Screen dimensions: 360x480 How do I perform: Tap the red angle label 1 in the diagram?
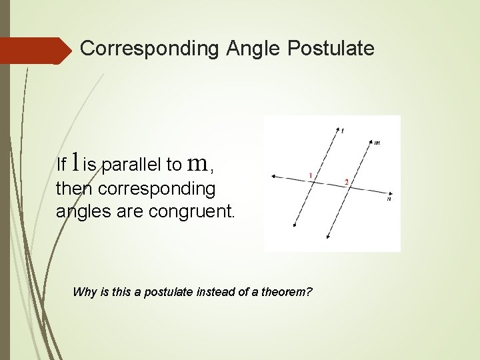311,175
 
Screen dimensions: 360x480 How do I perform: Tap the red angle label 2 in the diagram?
346,181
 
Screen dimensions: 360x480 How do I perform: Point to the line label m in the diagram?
377,142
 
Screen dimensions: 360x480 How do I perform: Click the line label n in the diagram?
389,198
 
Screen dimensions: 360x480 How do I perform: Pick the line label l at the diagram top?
343,131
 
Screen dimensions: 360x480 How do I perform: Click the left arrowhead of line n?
274,177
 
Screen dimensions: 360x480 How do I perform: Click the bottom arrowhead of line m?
328,237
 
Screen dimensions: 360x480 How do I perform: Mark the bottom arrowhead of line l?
295,226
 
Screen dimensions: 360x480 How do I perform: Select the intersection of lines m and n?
351,188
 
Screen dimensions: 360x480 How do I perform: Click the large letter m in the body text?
197,162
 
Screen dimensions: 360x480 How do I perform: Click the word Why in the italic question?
83,292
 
